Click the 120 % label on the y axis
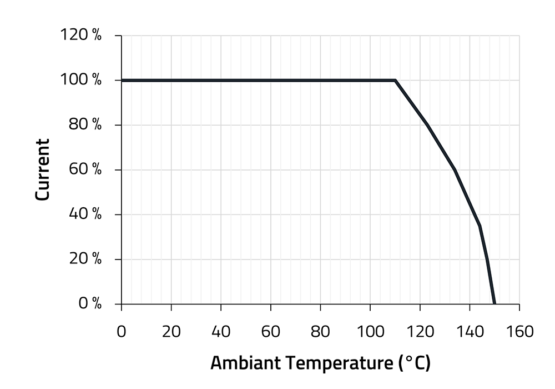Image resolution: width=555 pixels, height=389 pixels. click(x=80, y=36)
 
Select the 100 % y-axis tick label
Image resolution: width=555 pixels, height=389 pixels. click(x=80, y=80)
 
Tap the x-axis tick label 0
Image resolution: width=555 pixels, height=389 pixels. click(x=122, y=332)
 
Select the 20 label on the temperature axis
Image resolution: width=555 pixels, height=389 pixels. click(x=171, y=332)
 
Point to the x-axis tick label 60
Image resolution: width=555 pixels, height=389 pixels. click(x=270, y=332)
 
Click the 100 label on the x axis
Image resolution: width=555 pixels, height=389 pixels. click(x=370, y=332)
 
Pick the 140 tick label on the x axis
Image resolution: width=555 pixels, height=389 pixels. click(x=470, y=332)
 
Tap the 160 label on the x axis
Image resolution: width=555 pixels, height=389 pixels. click(x=519, y=332)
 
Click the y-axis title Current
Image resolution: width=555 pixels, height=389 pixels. click(x=43, y=169)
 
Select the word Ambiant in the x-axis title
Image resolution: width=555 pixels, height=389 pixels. click(x=244, y=364)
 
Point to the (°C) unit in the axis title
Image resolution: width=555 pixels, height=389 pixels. click(x=414, y=364)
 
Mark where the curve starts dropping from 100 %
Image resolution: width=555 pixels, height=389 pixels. click(x=395, y=80)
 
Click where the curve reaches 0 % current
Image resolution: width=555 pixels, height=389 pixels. click(x=495, y=304)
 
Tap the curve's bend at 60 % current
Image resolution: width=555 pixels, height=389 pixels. click(x=455, y=169)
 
